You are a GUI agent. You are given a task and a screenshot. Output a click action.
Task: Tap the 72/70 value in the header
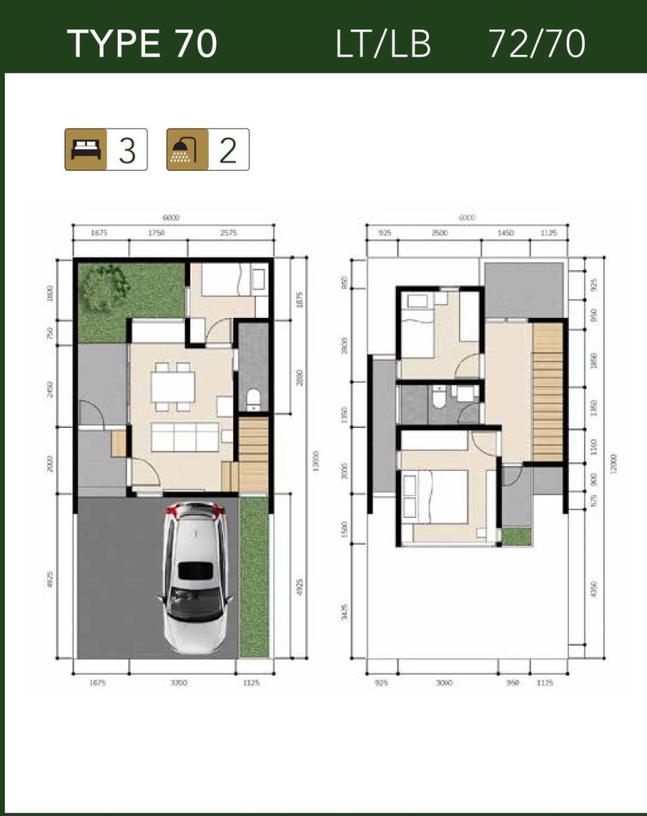537,45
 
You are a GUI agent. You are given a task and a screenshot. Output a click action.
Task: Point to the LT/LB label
383,45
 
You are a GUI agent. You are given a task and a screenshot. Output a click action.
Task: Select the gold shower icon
186,150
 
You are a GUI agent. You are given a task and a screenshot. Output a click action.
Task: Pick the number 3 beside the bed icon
127,150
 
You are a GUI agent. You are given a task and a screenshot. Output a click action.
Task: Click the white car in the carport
194,577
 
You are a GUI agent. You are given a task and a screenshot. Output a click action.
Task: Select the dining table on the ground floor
174,386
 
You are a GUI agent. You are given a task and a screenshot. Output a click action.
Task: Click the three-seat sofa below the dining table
185,437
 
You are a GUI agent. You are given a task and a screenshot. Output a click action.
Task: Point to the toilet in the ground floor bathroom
253,398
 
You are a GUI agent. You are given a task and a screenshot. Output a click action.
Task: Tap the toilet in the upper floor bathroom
437,397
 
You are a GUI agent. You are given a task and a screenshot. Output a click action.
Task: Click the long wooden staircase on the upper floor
547,391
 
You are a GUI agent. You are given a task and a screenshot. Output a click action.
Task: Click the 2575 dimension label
229,233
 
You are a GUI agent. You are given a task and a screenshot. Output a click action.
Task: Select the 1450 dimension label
505,233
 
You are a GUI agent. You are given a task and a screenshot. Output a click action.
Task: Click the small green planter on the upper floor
516,536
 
